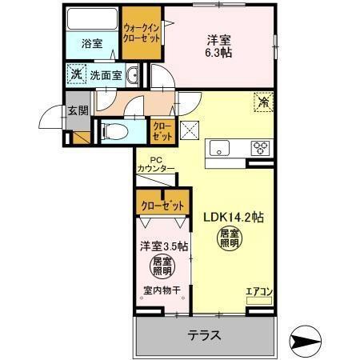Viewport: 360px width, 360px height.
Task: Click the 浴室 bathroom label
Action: (91, 44)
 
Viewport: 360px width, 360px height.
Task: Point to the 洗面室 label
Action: (105, 75)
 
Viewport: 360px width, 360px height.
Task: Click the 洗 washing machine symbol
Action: (77, 74)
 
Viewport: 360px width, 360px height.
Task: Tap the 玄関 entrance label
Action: (77, 111)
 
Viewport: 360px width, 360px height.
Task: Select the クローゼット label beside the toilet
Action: (160, 129)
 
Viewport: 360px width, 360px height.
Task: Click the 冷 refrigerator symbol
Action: (262, 102)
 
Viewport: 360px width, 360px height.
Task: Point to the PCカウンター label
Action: (155, 164)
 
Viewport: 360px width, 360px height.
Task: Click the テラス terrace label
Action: (204, 334)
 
